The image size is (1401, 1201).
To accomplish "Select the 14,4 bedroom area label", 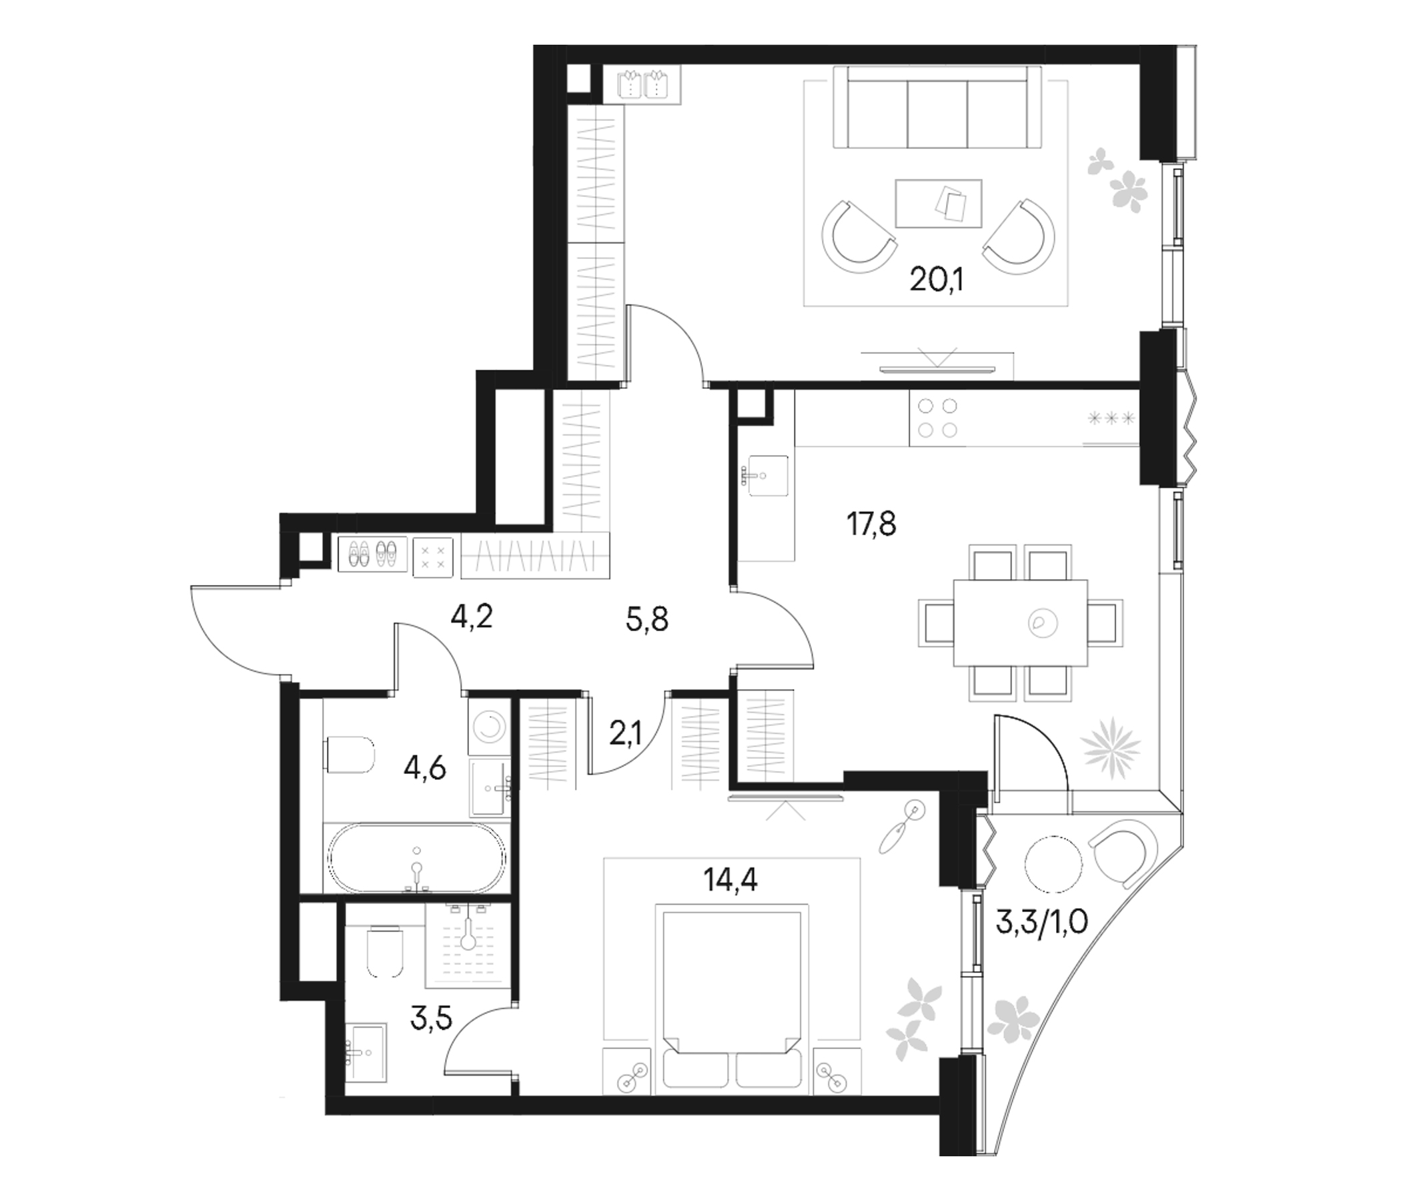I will pos(731,880).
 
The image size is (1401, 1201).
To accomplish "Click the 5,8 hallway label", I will pos(647,619).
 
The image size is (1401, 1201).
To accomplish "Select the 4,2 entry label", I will pos(470,617).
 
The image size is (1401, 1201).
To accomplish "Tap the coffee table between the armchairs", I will pos(938,203).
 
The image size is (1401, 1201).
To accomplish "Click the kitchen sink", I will pos(765,476).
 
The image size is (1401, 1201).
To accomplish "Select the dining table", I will pos(1020,622).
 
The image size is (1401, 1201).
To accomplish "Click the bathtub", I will pos(416,859).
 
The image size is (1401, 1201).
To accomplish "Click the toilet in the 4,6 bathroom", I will pos(352,755).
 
